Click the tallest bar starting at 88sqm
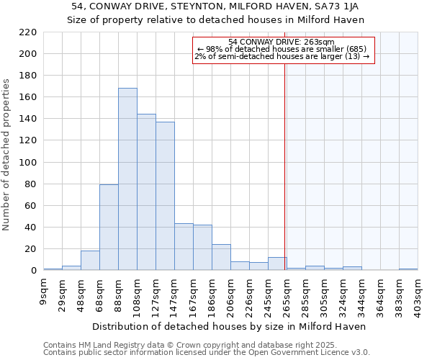click(127, 179)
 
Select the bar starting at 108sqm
click(146, 192)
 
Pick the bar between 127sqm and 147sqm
click(165, 196)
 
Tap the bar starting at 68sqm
click(109, 228)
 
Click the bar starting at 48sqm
click(90, 261)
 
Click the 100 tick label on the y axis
click(28, 163)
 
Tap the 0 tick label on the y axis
click(34, 271)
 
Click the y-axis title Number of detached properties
click(7, 155)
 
